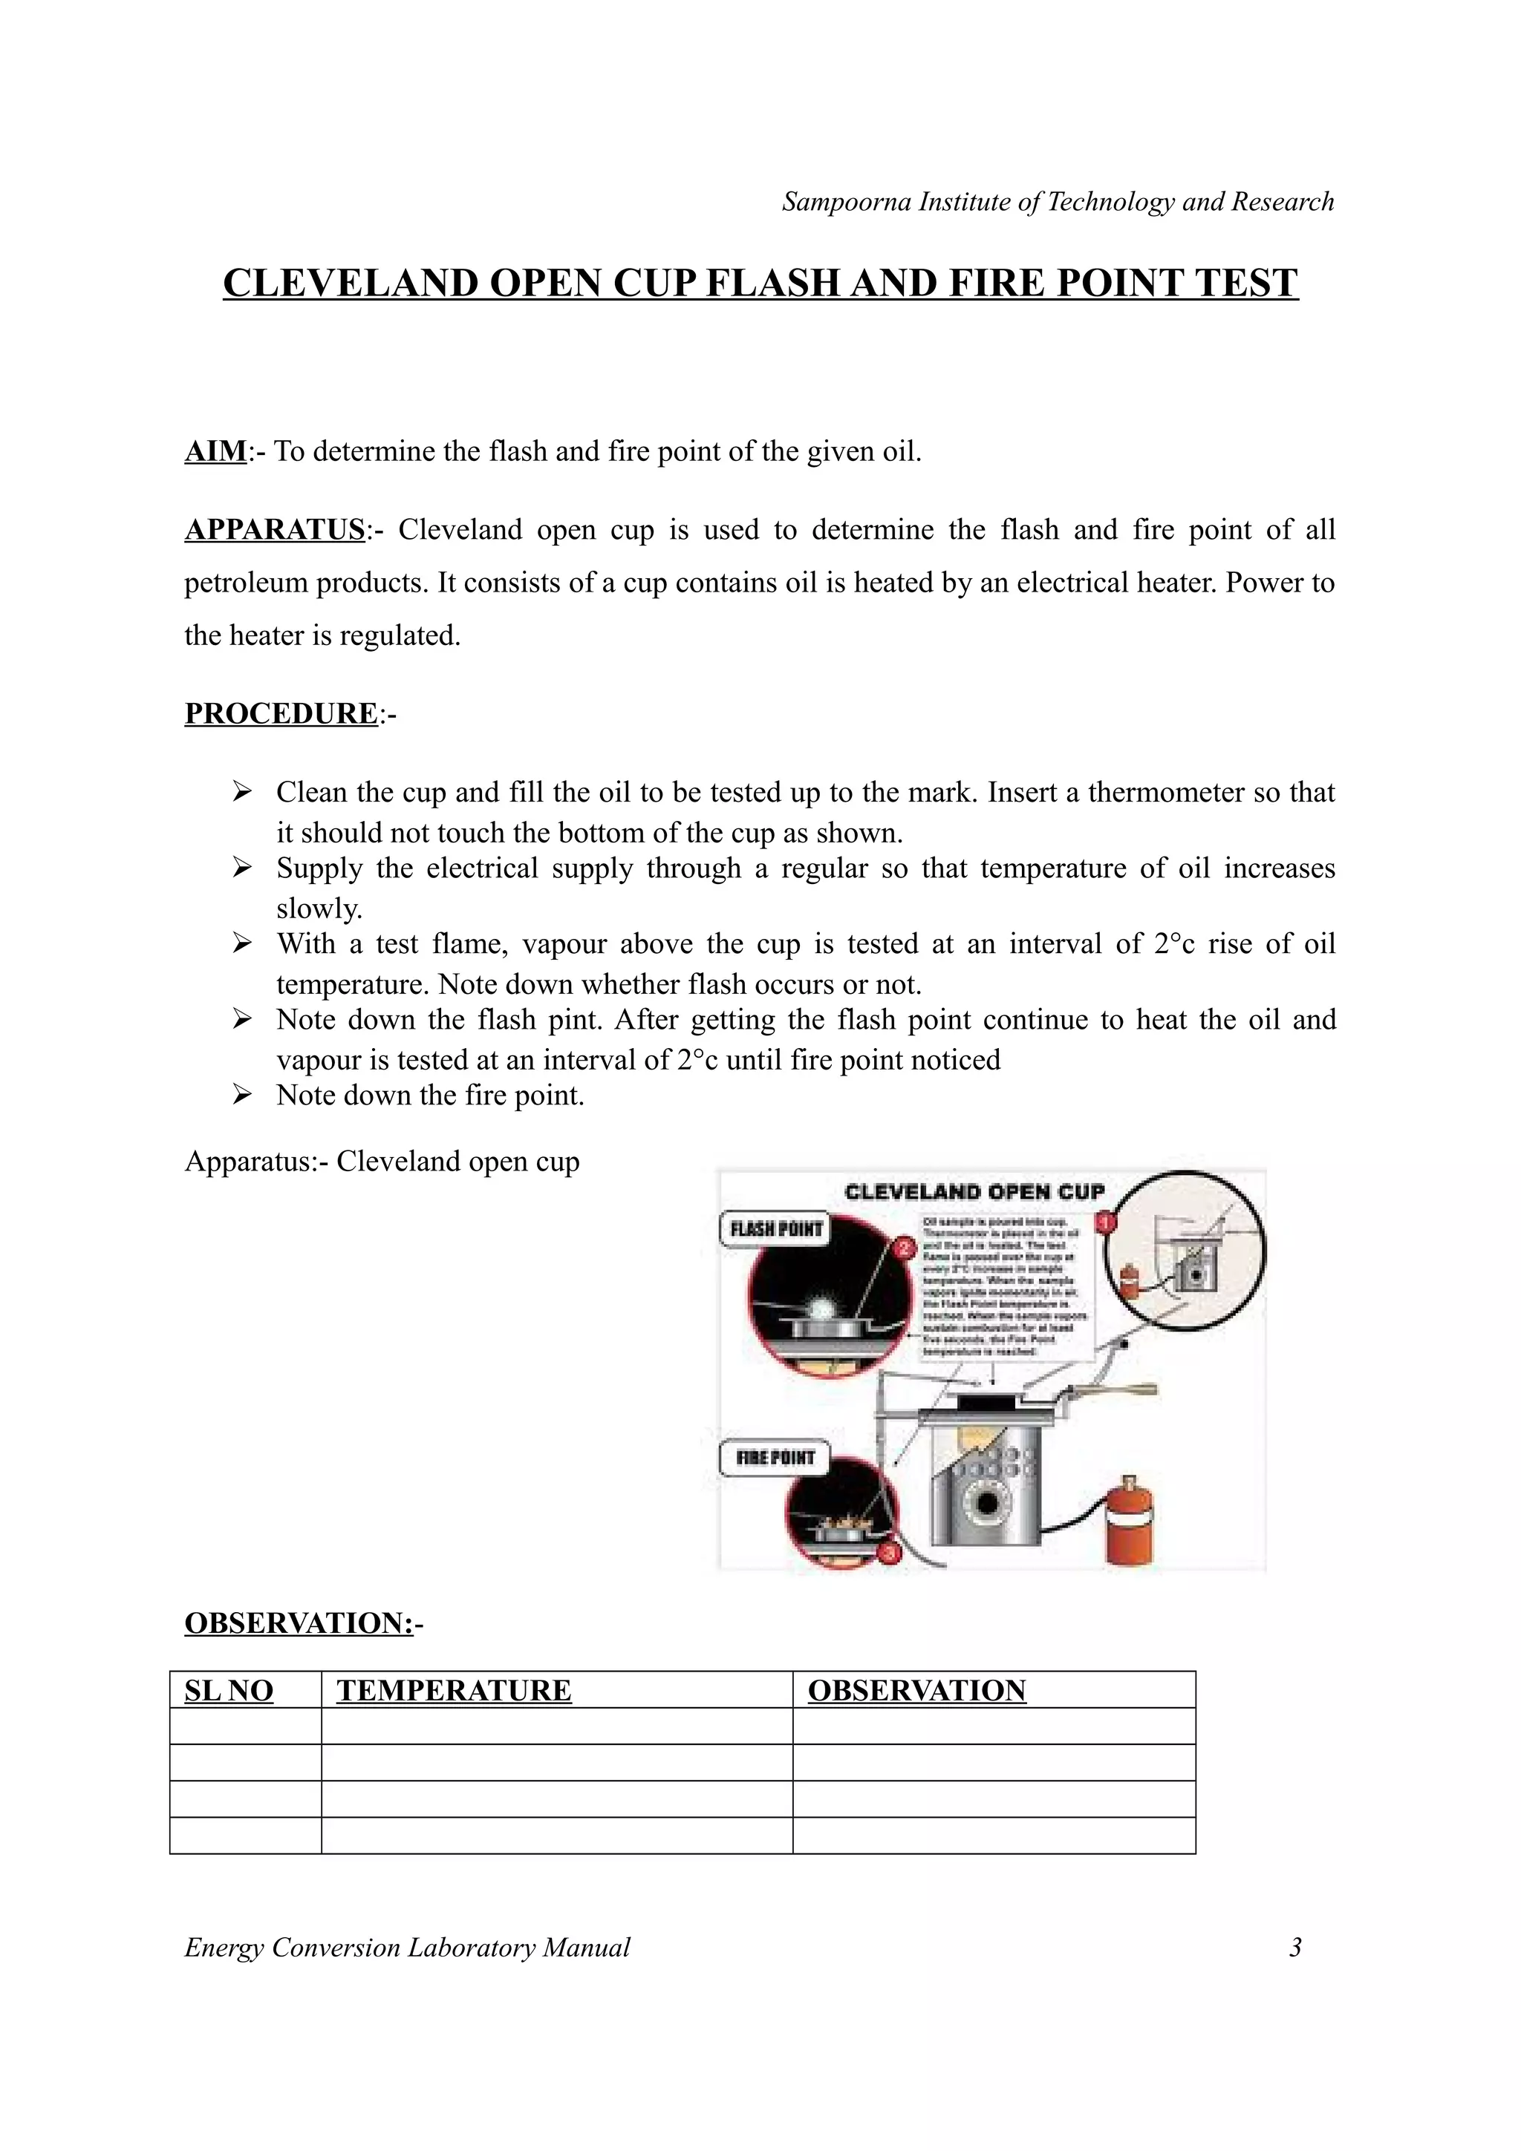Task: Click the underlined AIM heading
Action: [x=215, y=451]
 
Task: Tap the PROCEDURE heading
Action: [x=280, y=714]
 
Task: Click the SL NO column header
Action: [x=229, y=1691]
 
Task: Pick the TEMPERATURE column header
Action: [x=454, y=1691]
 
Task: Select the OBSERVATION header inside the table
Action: [x=916, y=1691]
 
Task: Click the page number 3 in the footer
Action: [x=1295, y=1948]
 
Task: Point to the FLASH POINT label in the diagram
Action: [x=776, y=1229]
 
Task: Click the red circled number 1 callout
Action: [x=1105, y=1222]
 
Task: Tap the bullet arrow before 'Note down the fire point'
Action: [x=242, y=1094]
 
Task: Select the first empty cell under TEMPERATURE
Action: [x=557, y=1726]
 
